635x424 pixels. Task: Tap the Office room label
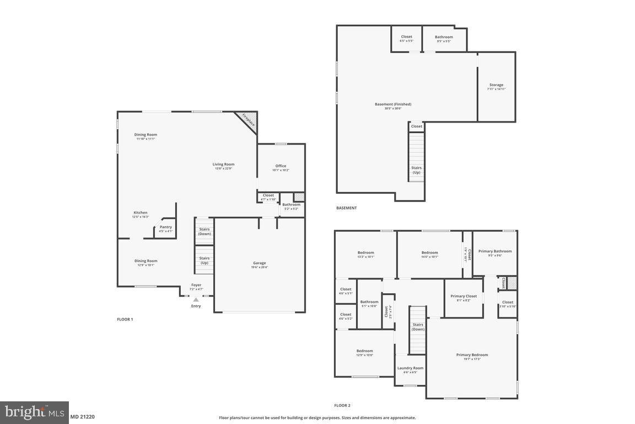pyautogui.click(x=281, y=166)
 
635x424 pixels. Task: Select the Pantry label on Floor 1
pyautogui.click(x=165, y=227)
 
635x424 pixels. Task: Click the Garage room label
pyautogui.click(x=259, y=263)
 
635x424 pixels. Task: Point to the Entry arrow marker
pyautogui.click(x=196, y=300)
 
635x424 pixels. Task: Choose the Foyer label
pyautogui.click(x=196, y=285)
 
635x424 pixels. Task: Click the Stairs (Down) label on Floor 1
pyautogui.click(x=205, y=231)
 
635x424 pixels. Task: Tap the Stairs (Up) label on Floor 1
pyautogui.click(x=205, y=260)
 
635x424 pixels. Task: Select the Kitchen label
pyautogui.click(x=140, y=213)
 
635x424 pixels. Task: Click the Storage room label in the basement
pyautogui.click(x=496, y=85)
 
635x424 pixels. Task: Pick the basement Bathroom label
pyautogui.click(x=444, y=37)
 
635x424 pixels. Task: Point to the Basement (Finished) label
pyautogui.click(x=393, y=104)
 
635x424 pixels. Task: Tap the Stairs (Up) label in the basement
pyautogui.click(x=416, y=169)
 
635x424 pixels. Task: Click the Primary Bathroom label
pyautogui.click(x=494, y=251)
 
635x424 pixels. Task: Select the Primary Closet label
pyautogui.click(x=464, y=296)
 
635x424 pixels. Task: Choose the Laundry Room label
pyautogui.click(x=410, y=368)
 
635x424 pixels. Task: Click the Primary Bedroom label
pyautogui.click(x=472, y=355)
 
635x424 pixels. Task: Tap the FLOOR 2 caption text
pyautogui.click(x=342, y=406)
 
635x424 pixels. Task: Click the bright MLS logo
pyautogui.click(x=34, y=412)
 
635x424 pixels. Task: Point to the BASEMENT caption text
pyautogui.click(x=346, y=208)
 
